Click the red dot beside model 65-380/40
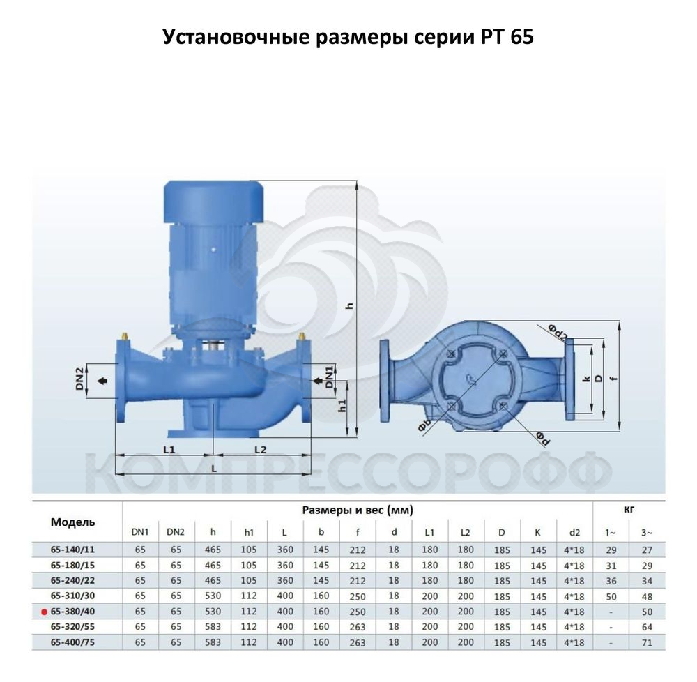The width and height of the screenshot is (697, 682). click(44, 612)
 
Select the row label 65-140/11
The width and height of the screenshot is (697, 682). click(72, 550)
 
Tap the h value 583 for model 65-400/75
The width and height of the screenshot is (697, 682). click(213, 642)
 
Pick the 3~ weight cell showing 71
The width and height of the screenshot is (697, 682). click(647, 642)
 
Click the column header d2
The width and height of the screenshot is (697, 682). click(574, 532)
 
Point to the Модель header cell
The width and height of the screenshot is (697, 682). click(73, 522)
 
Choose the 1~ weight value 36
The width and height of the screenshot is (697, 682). click(611, 581)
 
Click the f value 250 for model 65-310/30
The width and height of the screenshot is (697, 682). click(358, 596)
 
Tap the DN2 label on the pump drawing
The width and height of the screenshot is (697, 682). click(79, 379)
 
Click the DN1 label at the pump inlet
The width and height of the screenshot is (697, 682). click(330, 377)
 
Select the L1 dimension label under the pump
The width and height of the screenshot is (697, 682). click(169, 450)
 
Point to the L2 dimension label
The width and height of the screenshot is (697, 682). click(261, 450)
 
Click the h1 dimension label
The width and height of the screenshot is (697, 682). click(342, 405)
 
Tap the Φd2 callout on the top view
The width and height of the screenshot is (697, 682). click(556, 332)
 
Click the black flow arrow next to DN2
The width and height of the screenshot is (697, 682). click(102, 381)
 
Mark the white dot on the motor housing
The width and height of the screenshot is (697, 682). click(213, 250)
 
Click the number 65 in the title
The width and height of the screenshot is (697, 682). click(522, 36)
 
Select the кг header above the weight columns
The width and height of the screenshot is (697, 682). click(629, 509)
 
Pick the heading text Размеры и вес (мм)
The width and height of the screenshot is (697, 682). click(358, 510)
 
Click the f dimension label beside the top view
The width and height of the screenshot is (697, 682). click(614, 378)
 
